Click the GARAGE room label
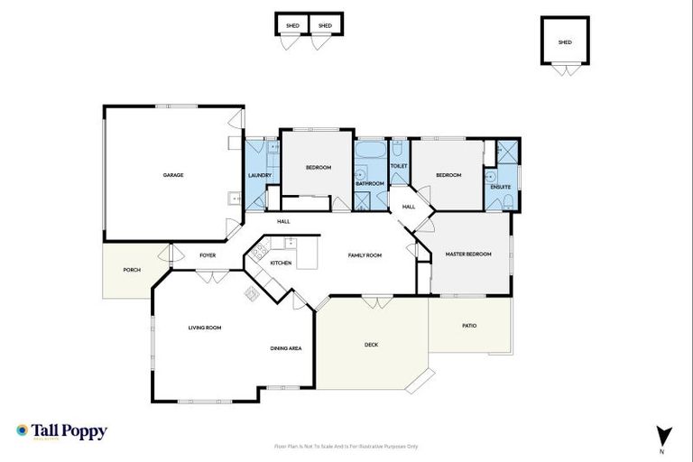(x=173, y=175)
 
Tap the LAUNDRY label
(x=260, y=175)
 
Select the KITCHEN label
(x=281, y=263)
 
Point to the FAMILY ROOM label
(x=365, y=255)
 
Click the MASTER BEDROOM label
(x=468, y=254)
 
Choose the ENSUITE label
(x=501, y=187)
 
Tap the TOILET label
(x=399, y=166)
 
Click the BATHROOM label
(x=370, y=183)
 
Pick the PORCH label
(x=132, y=269)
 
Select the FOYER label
(x=208, y=255)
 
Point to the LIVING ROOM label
(x=205, y=328)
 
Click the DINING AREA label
(x=285, y=347)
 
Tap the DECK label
(x=371, y=345)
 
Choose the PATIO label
(x=469, y=325)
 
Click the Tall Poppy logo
(x=61, y=431)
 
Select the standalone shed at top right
(x=565, y=42)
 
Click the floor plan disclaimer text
(x=346, y=446)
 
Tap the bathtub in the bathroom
(x=369, y=150)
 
